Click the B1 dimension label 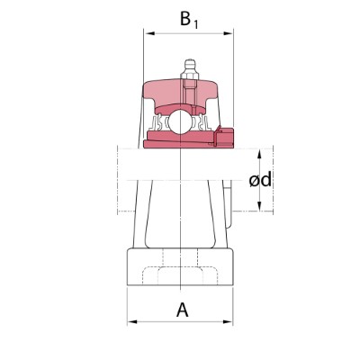189,19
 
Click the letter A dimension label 183,310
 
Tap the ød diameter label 260,180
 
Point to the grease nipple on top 190,69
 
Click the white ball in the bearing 179,121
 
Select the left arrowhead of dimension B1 149,33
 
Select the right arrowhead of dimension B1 228,33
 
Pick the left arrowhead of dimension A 132,322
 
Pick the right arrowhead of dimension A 228,322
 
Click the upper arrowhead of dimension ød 260,154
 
